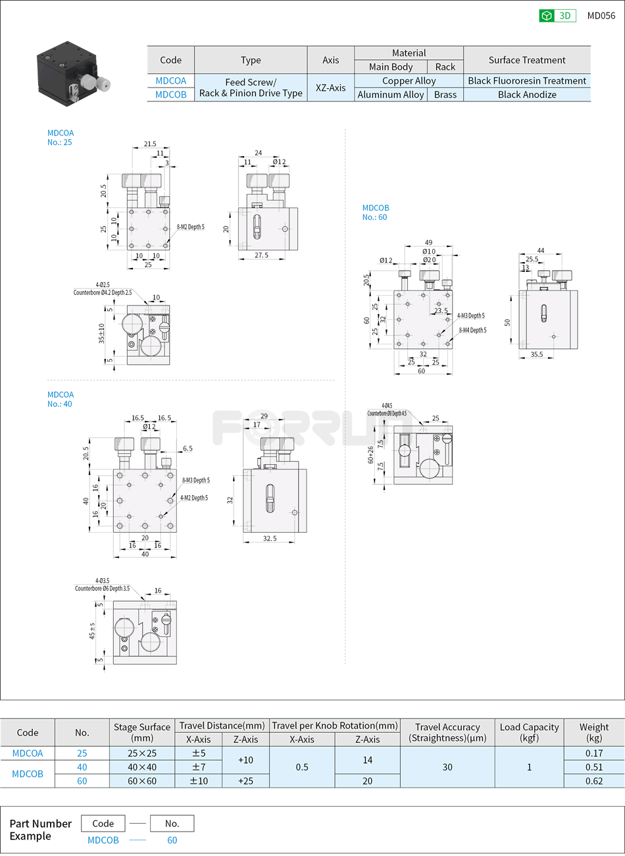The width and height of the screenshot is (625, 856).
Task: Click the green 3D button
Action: click(557, 16)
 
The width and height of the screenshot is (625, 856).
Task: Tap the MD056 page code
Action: click(601, 16)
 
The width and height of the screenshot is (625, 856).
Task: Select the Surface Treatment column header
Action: click(527, 60)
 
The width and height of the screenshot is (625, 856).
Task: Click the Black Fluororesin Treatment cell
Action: click(527, 81)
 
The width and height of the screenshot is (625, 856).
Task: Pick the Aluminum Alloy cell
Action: click(391, 95)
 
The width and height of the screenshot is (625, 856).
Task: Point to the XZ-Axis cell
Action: click(330, 88)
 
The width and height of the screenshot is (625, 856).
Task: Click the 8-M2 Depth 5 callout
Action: click(190, 227)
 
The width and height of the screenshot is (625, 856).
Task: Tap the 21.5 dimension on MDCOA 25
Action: click(150, 144)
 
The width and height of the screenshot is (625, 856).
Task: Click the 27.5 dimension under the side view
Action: click(261, 255)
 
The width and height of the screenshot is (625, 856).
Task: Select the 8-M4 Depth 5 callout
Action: click(472, 331)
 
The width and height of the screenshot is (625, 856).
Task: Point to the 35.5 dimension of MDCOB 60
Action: click(537, 355)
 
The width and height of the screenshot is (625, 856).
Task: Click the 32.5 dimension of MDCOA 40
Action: click(270, 539)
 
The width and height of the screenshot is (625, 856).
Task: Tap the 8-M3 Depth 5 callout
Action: click(195, 481)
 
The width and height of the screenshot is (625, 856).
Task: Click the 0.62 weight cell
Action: click(593, 781)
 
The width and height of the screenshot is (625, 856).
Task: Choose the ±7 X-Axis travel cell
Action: click(198, 767)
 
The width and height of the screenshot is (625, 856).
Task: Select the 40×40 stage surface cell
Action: click(141, 767)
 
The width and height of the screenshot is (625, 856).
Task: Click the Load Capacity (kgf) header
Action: click(529, 732)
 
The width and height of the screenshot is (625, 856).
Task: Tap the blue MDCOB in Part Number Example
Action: click(103, 840)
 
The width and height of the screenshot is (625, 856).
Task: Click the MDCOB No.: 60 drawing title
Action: click(375, 213)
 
